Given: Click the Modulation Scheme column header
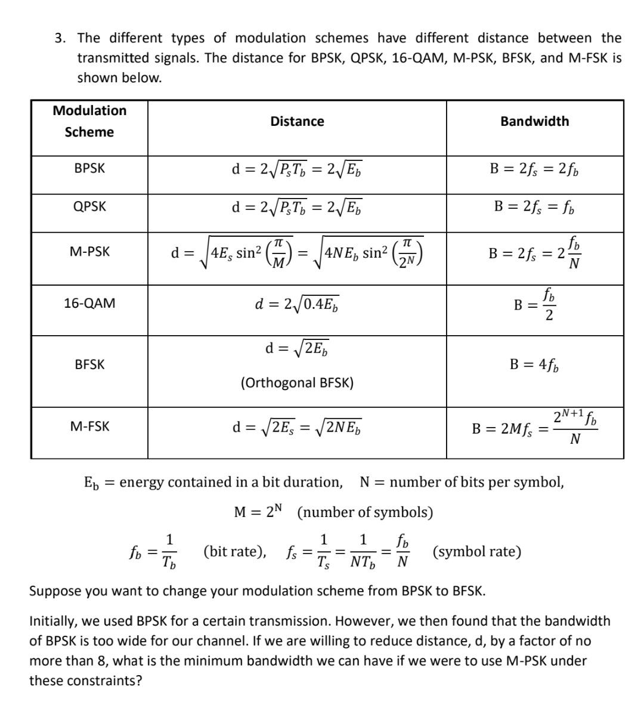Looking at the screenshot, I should click(x=89, y=121).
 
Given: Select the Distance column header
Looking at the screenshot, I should click(x=297, y=122).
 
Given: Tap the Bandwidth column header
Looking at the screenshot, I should click(x=534, y=121).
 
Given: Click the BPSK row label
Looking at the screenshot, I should click(x=89, y=169).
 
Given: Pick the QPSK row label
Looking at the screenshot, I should click(x=89, y=207).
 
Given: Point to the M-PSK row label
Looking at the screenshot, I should click(x=89, y=252).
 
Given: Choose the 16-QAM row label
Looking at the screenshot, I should click(x=89, y=303).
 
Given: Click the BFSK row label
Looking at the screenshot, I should click(x=89, y=364).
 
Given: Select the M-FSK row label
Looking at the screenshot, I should click(x=89, y=426).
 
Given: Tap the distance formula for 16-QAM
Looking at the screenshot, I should click(x=297, y=304).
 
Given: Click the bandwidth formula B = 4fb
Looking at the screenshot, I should click(x=534, y=364).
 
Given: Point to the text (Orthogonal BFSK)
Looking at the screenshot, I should click(x=297, y=382).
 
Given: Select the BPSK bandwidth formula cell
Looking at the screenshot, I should click(x=534, y=169).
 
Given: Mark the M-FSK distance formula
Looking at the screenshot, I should click(x=297, y=427).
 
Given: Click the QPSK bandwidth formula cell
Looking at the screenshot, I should click(x=534, y=207).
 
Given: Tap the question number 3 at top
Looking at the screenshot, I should click(x=59, y=39).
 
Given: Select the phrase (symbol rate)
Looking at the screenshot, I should click(x=477, y=552).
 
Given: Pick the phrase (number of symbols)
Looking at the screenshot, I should click(x=364, y=512).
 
